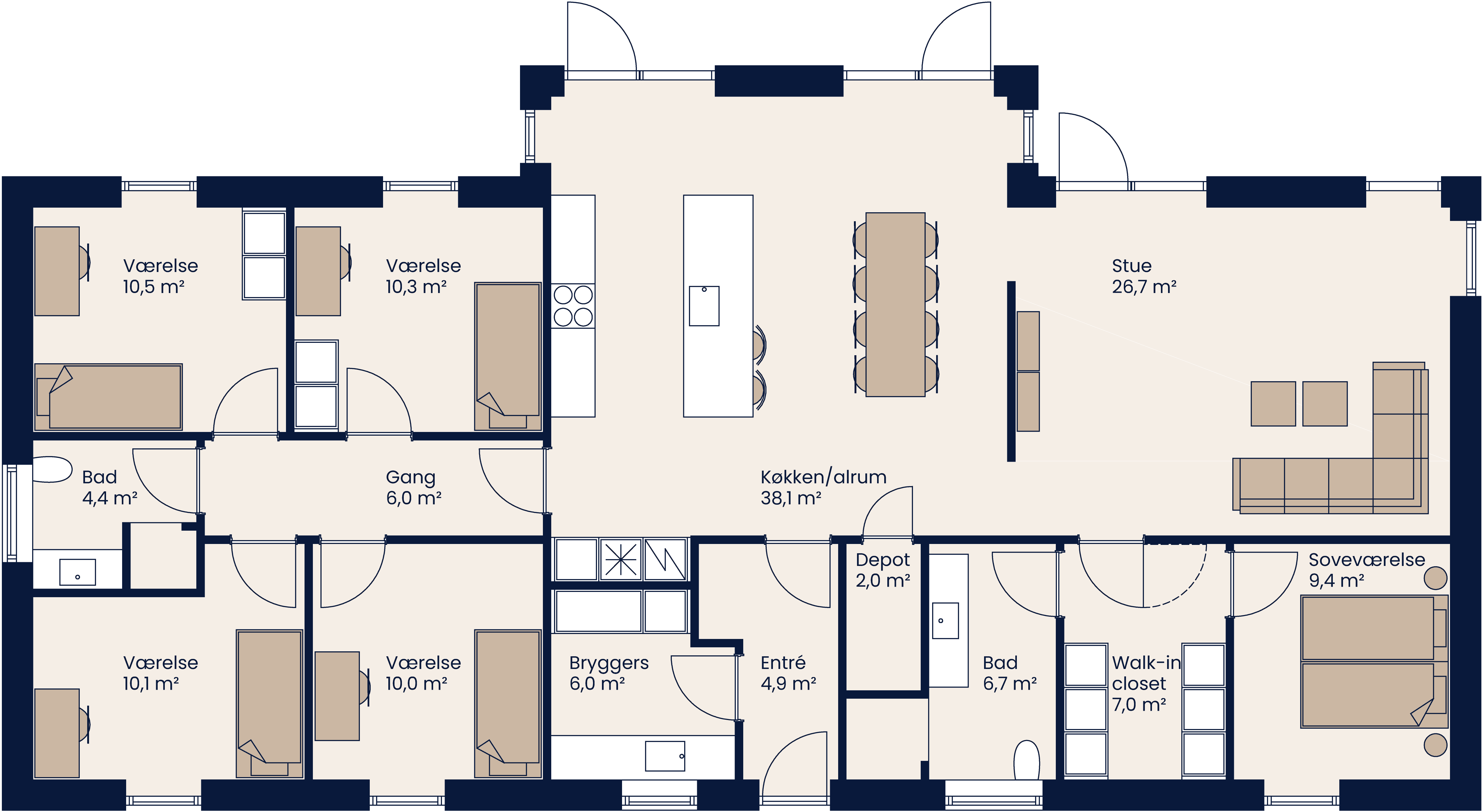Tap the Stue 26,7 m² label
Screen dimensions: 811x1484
[x=1144, y=276]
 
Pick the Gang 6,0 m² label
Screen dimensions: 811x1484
[x=413, y=487]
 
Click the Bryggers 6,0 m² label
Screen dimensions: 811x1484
[x=608, y=673]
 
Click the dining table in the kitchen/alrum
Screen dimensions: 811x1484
[x=895, y=304]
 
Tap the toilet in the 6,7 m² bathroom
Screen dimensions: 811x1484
[x=1026, y=760]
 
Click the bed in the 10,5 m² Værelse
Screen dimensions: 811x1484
[x=108, y=397]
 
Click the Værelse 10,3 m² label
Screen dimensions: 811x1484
[x=423, y=276]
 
